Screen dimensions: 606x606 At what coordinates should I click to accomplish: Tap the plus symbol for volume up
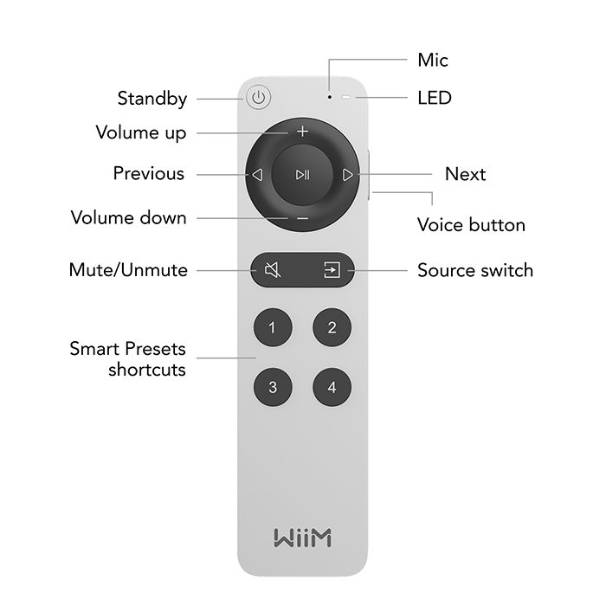pyautogui.click(x=302, y=132)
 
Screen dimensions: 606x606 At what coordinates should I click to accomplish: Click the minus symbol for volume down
pyautogui.click(x=302, y=218)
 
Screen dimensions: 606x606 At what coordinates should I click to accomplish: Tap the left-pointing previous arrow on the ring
pyautogui.click(x=257, y=175)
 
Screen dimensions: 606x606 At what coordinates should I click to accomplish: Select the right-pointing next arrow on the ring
pyautogui.click(x=347, y=175)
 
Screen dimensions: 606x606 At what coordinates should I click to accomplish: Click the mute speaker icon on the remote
pyautogui.click(x=272, y=271)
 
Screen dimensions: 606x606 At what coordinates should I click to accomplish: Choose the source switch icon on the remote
pyautogui.click(x=332, y=271)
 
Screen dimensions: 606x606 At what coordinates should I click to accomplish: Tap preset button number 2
pyautogui.click(x=332, y=327)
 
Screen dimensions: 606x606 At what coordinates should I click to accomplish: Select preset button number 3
pyautogui.click(x=273, y=387)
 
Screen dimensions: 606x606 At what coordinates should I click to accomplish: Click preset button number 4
pyautogui.click(x=332, y=387)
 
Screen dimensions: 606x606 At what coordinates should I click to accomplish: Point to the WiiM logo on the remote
pyautogui.click(x=302, y=537)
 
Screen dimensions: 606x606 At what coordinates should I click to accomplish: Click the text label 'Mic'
pyautogui.click(x=433, y=61)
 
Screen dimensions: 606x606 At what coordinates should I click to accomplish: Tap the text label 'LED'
pyautogui.click(x=435, y=98)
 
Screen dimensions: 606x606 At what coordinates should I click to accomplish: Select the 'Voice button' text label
pyautogui.click(x=471, y=225)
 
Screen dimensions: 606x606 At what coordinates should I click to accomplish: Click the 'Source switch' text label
pyautogui.click(x=475, y=270)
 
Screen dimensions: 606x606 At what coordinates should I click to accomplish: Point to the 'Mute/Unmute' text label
pyautogui.click(x=128, y=270)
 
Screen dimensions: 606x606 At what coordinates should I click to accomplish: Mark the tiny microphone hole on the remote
pyautogui.click(x=330, y=98)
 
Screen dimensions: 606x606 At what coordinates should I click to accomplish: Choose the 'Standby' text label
pyautogui.click(x=152, y=99)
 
